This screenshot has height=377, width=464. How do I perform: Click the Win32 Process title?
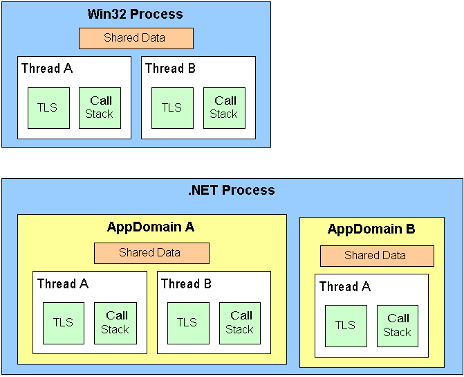135,14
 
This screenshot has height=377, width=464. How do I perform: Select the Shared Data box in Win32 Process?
136,38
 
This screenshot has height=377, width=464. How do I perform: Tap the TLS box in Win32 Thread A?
48,108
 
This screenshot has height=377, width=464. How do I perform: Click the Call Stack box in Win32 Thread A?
100,108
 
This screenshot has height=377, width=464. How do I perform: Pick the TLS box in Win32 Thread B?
172,108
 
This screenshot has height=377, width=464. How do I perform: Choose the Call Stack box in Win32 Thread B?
224,108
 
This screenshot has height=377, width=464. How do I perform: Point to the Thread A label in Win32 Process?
47,68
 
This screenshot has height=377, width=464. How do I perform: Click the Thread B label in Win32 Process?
170,68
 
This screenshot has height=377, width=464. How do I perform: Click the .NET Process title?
232,190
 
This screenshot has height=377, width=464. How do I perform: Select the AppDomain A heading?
151,227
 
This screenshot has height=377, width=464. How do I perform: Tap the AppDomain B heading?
371,229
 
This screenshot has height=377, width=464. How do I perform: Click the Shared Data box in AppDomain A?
151,253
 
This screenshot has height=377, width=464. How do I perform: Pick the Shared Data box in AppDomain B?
376,256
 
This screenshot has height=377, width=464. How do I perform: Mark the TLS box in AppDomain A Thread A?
63,323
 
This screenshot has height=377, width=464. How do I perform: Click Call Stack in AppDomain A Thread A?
115,323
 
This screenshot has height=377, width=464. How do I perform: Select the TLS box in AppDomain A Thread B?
187,323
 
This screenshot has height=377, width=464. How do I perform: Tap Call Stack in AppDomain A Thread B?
240,323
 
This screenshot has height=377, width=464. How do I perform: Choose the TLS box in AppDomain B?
346,326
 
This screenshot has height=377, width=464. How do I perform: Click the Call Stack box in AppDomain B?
398,326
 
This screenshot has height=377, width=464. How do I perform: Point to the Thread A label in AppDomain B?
345,286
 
